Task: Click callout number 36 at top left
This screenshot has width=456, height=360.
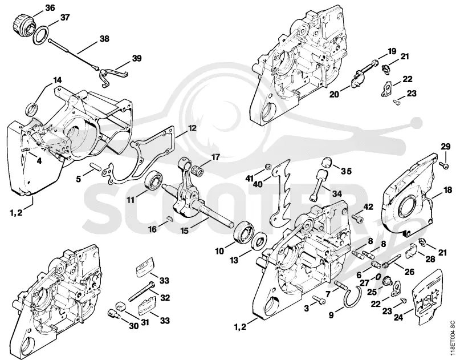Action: (50, 8)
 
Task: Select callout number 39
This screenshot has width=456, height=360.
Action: (136, 58)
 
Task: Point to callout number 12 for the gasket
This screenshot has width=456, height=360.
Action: (192, 128)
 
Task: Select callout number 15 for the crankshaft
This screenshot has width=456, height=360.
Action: (184, 231)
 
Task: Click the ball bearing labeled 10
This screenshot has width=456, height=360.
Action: (243, 233)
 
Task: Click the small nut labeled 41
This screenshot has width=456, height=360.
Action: (268, 167)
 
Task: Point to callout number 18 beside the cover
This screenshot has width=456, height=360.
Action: (447, 191)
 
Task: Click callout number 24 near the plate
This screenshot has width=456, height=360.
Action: (398, 318)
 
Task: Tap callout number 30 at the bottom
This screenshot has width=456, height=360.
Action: (133, 326)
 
